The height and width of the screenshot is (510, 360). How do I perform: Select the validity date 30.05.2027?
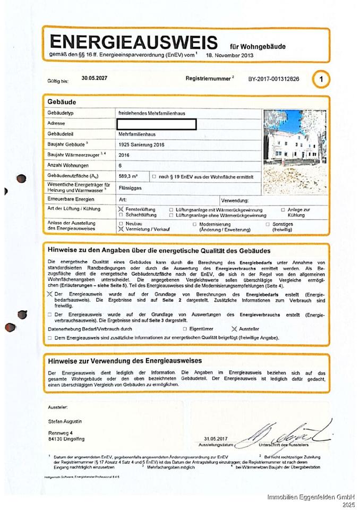tap(95, 78)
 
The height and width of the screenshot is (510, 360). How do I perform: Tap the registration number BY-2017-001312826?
tap(273, 79)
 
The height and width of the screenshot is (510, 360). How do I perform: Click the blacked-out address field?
tap(157, 124)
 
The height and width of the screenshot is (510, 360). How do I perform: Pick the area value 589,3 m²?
tap(128, 176)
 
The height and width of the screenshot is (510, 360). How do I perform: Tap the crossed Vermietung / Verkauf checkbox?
tap(121, 229)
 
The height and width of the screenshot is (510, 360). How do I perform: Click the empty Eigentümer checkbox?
tap(184, 329)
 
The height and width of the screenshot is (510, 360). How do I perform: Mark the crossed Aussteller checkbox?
tap(234, 329)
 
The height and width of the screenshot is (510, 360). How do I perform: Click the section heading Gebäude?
tap(62, 101)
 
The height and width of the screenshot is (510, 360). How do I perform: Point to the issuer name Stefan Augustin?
tap(65, 421)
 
